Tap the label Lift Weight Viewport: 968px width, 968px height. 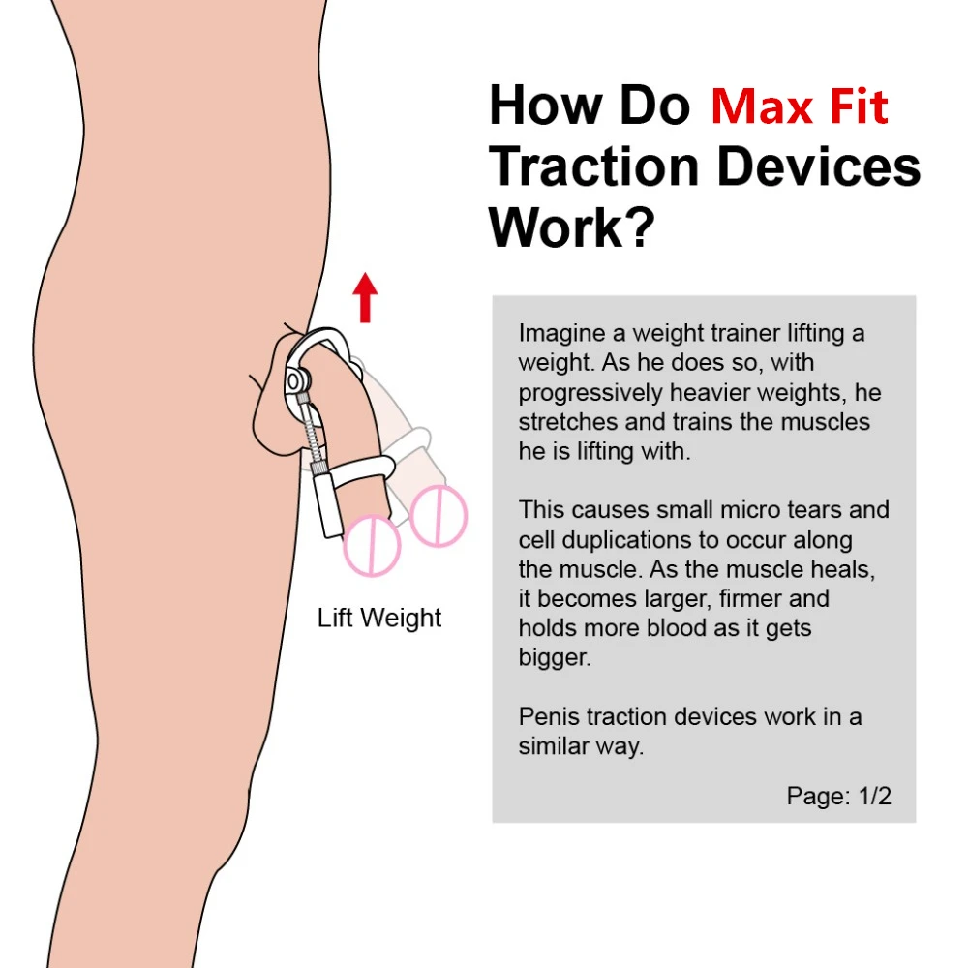tap(379, 618)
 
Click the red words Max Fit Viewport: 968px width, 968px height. tap(799, 106)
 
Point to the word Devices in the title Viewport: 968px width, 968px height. tap(818, 166)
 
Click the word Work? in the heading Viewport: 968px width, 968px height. tap(571, 227)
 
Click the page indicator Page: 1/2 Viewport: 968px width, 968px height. tap(838, 796)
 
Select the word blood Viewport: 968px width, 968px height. tap(679, 628)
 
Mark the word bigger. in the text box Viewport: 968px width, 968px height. tap(554, 658)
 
